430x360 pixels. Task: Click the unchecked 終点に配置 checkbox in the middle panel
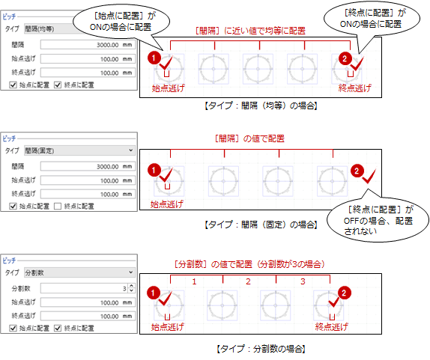(x=58, y=207)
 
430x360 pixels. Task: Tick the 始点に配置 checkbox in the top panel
(x=13, y=85)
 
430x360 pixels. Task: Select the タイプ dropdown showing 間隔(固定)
(x=80, y=150)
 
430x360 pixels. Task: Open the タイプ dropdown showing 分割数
(x=80, y=272)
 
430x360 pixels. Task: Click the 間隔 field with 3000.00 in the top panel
(x=88, y=45)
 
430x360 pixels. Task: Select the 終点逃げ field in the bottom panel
(x=88, y=316)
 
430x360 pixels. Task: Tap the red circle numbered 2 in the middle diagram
(x=357, y=171)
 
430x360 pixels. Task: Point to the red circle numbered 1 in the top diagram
(x=154, y=58)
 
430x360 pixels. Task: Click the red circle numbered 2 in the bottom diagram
(x=344, y=293)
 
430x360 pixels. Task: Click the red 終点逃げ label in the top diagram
(x=355, y=88)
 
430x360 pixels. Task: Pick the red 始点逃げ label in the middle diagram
(x=167, y=204)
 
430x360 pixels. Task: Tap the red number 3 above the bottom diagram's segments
(x=303, y=281)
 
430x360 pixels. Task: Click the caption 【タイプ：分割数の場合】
(x=261, y=349)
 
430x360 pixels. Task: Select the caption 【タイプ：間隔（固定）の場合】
(x=261, y=225)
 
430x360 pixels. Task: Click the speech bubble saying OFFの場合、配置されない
(x=378, y=221)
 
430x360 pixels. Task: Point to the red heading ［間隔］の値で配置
(x=249, y=138)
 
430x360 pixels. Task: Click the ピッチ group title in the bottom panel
(x=9, y=260)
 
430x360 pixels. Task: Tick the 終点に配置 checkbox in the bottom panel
(x=58, y=329)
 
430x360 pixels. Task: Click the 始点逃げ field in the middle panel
(x=88, y=180)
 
